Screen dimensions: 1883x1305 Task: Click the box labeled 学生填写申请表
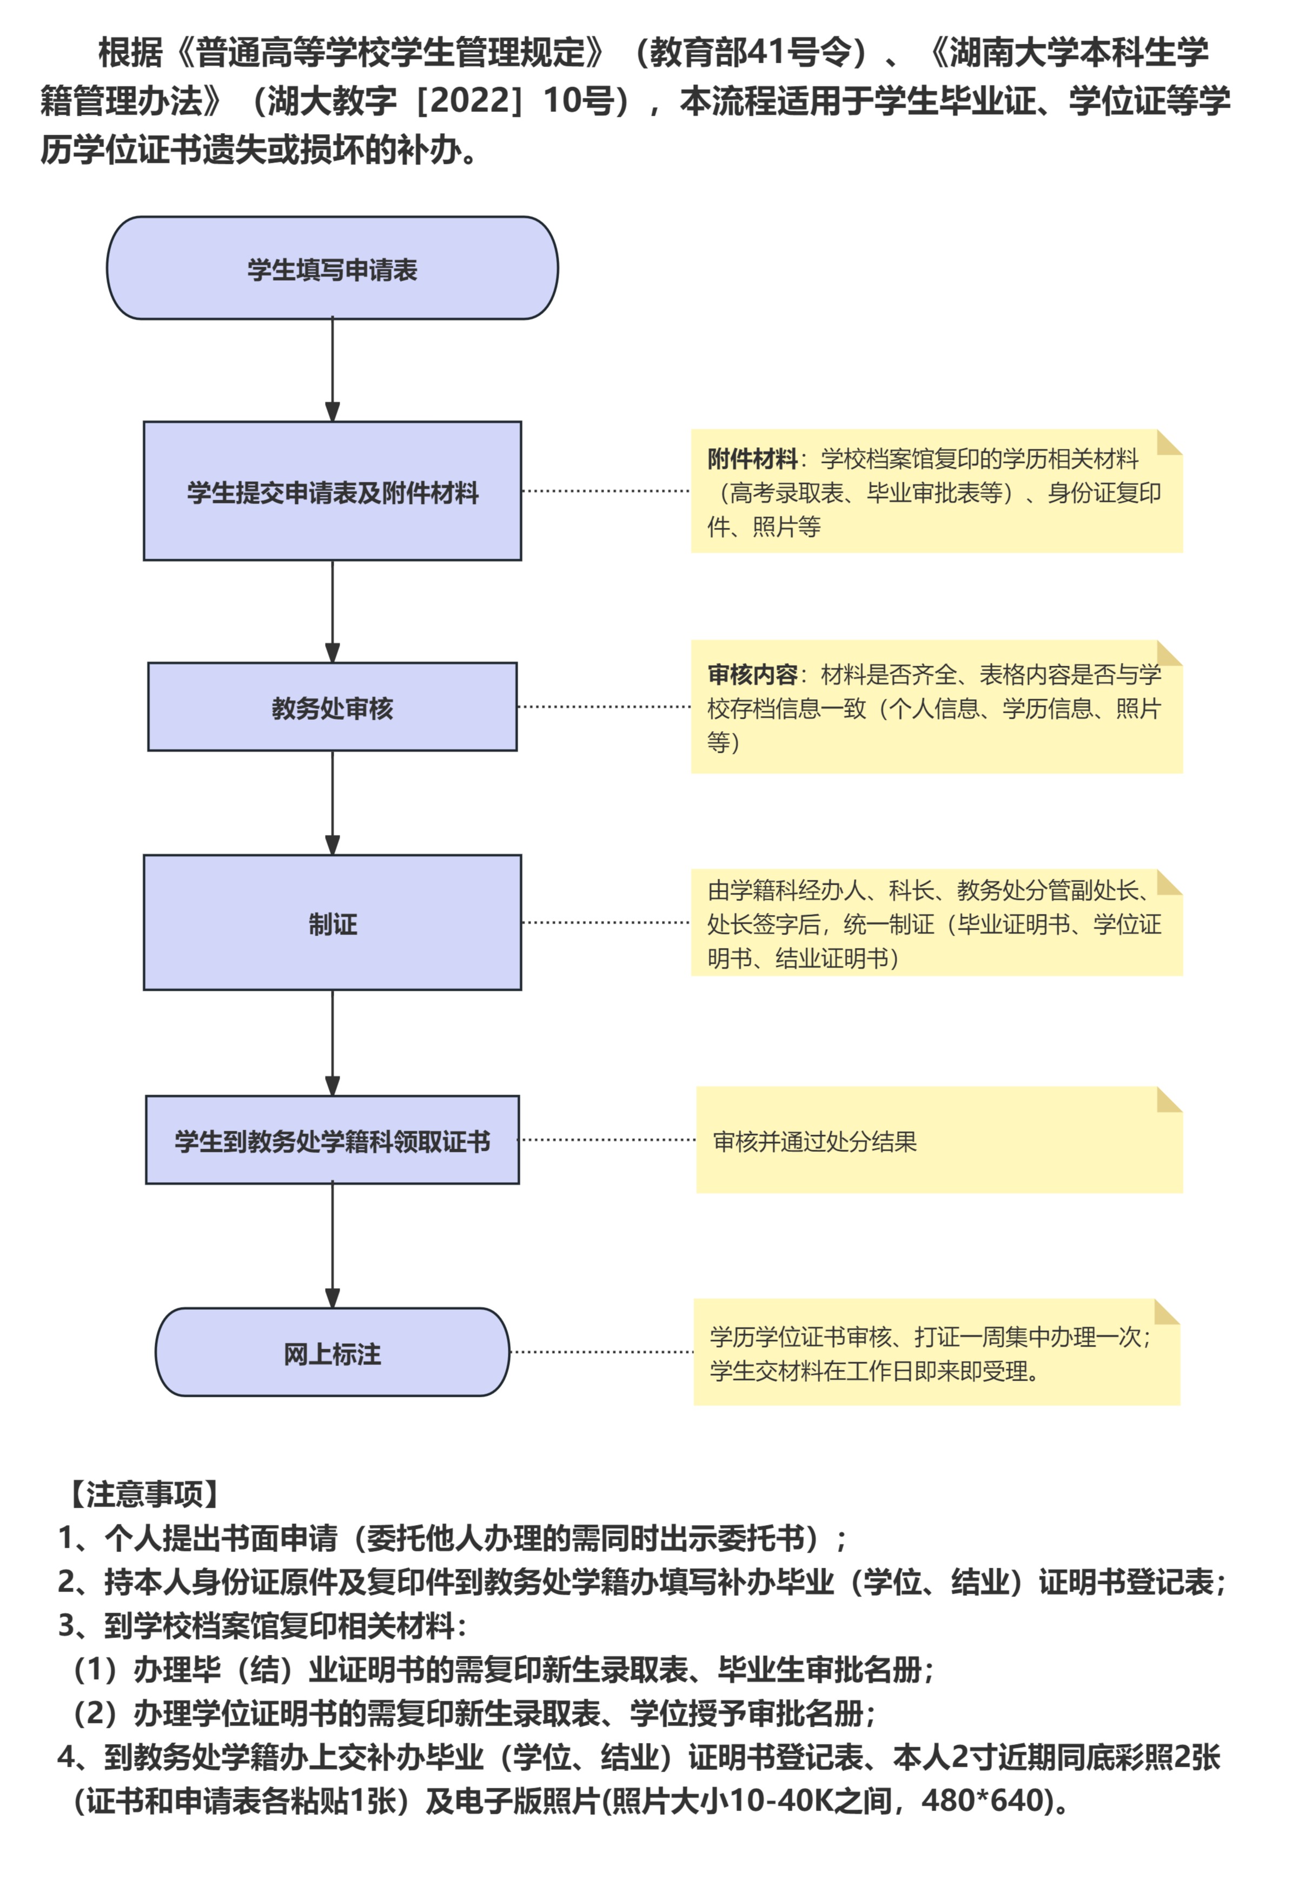click(332, 268)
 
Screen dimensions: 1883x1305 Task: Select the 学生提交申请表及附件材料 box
click(332, 492)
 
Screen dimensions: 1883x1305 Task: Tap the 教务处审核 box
click(332, 707)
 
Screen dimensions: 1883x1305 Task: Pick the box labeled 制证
click(332, 923)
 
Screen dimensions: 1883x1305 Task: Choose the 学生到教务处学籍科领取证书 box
click(332, 1141)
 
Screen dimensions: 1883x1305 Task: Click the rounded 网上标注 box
click(332, 1353)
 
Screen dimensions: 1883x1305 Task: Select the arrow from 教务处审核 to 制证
click(332, 802)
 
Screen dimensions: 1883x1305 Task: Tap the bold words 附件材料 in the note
click(752, 459)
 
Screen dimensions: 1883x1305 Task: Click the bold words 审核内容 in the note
click(752, 674)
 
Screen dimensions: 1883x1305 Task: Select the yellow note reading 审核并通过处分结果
click(939, 1141)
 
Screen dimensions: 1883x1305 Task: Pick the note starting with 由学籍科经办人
click(936, 923)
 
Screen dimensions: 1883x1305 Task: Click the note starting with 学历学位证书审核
click(936, 1353)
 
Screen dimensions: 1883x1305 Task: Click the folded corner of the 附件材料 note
click(1169, 442)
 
